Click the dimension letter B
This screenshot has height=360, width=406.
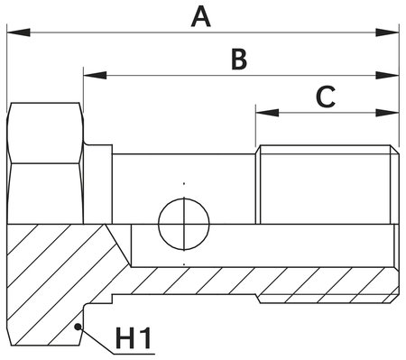click(238, 60)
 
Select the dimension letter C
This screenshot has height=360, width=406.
click(326, 97)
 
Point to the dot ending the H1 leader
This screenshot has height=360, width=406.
click(79, 327)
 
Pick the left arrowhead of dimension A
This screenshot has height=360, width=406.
click(13, 33)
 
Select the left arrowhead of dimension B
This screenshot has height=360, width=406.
click(90, 76)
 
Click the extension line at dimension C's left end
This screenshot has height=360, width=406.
click(256, 126)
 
